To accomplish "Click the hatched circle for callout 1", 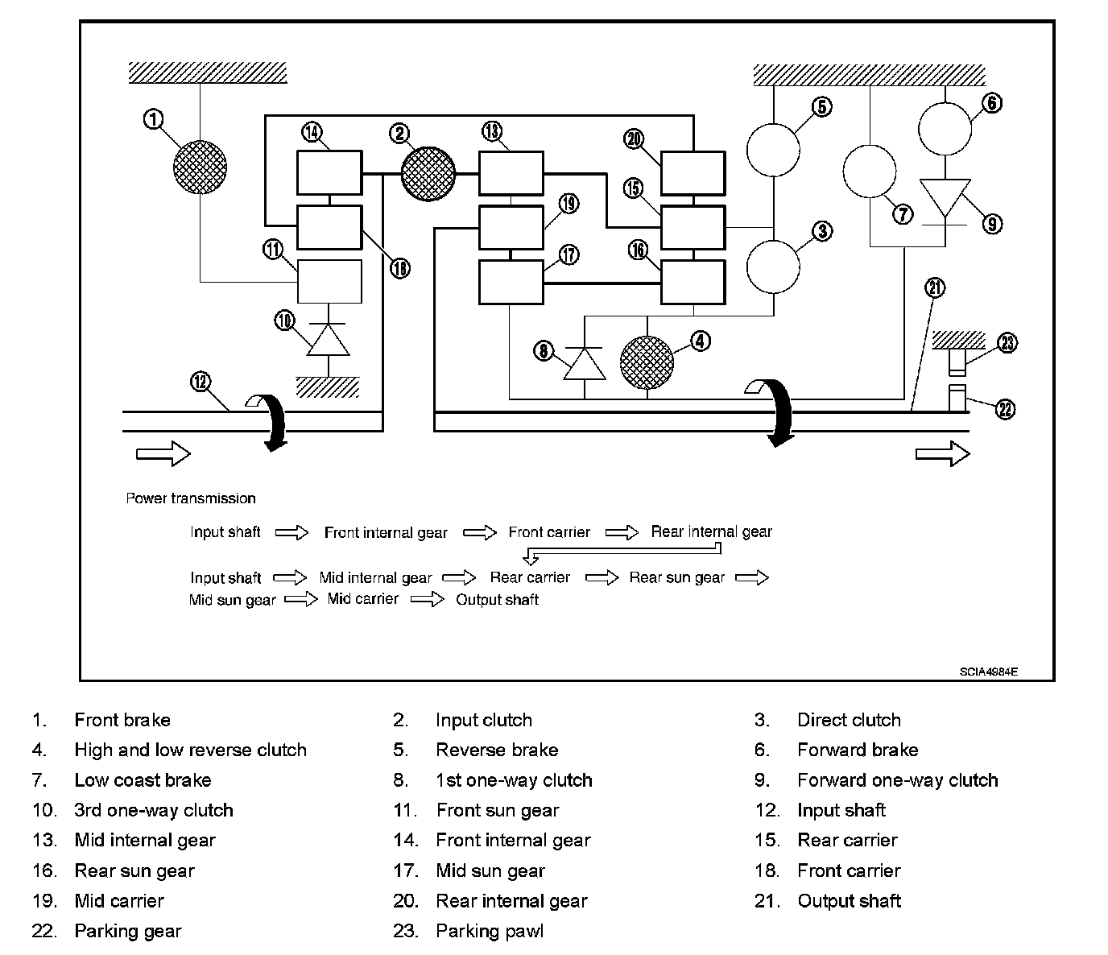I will (x=201, y=167).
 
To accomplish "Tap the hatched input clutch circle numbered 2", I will (x=428, y=173).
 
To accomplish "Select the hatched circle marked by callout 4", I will (x=647, y=362).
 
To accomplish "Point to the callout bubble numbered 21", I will (x=935, y=288).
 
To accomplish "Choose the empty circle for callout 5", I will (x=773, y=149).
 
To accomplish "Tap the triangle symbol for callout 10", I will (x=329, y=340).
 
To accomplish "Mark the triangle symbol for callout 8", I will (x=584, y=363).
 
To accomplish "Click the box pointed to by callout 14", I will (x=329, y=172).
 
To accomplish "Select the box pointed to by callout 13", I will (x=511, y=172).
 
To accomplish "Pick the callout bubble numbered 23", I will (x=1007, y=343).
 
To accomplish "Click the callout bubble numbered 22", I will (x=1005, y=409).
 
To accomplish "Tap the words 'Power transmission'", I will (x=191, y=498).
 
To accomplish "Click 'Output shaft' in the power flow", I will (x=497, y=600).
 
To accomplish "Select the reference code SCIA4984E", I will (x=988, y=672).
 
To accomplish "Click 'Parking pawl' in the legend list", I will (x=489, y=932).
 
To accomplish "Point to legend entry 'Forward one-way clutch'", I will (x=897, y=780).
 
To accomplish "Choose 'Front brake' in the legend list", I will (x=122, y=720).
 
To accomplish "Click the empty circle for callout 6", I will (x=945, y=128).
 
